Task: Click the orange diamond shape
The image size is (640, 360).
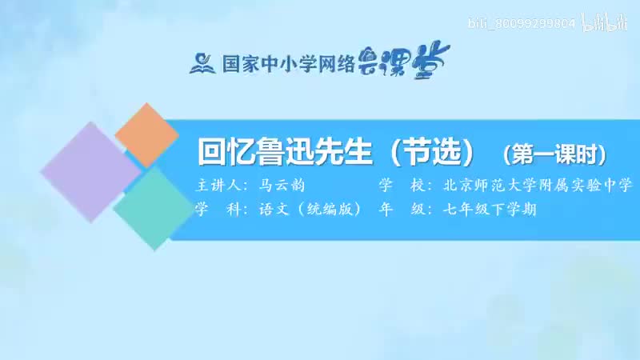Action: [146, 135]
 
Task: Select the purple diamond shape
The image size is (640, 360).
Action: [90, 172]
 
